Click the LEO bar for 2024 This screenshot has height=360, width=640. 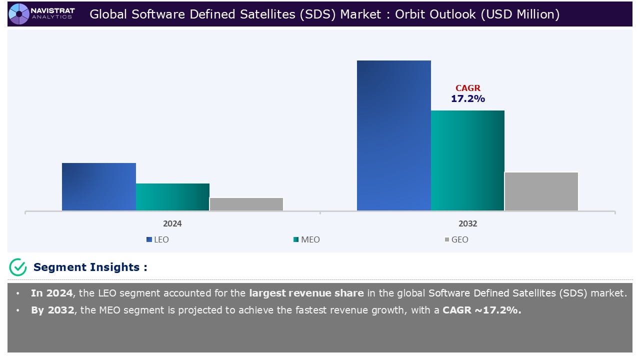click(x=99, y=186)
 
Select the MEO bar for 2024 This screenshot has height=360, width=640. click(x=172, y=197)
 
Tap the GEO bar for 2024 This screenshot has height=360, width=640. click(x=246, y=204)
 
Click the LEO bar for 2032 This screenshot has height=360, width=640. click(x=393, y=135)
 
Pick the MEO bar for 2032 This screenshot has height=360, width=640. click(x=467, y=160)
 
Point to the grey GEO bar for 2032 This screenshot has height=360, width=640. click(x=541, y=191)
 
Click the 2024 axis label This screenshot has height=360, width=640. click(x=172, y=223)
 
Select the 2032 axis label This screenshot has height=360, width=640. click(x=467, y=223)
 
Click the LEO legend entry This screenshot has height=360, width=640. click(x=157, y=239)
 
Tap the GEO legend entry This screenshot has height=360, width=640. click(x=456, y=239)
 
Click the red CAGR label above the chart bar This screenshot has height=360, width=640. click(x=467, y=88)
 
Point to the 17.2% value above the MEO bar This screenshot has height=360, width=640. click(x=467, y=99)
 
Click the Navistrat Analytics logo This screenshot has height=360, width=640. click(x=42, y=13)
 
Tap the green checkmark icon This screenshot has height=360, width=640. click(x=18, y=267)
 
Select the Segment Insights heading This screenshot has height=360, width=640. click(x=90, y=267)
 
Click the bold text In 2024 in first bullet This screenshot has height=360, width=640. click(x=51, y=293)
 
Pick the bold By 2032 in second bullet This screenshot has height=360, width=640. click(x=52, y=310)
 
